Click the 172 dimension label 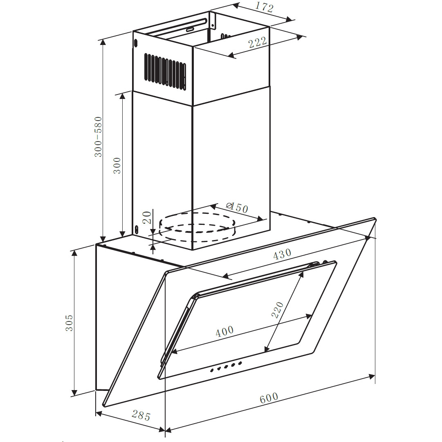point(264,8)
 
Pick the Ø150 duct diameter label point(237,208)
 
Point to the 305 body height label point(69,323)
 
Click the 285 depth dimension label point(141,416)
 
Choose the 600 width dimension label point(269,398)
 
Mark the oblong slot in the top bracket point(190,29)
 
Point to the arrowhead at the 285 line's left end point(99,414)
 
